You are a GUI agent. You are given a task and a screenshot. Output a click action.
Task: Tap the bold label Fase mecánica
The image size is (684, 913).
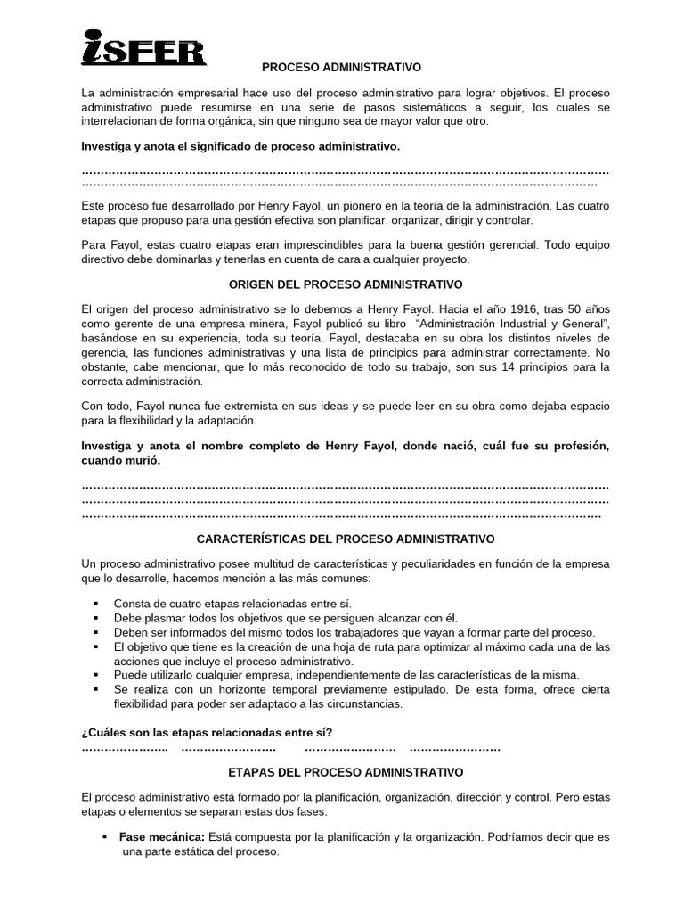tap(155, 837)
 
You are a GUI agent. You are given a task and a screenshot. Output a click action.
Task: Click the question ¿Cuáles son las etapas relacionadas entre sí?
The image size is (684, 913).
tap(206, 732)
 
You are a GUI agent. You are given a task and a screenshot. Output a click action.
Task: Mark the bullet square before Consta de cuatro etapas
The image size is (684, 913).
tap(94, 603)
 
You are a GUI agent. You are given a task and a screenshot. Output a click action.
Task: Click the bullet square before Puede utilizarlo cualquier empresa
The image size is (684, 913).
tap(94, 675)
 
